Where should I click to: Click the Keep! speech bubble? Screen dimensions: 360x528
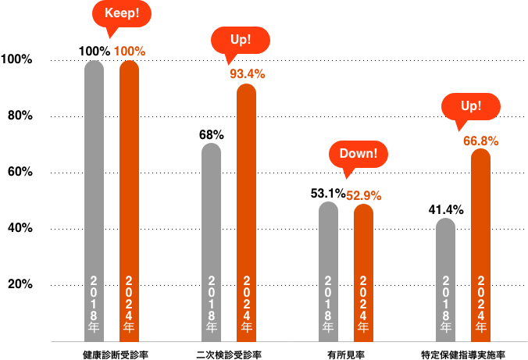click(122, 13)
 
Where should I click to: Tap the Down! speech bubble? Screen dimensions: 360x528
click(358, 154)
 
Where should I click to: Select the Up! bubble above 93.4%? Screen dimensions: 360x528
click(241, 40)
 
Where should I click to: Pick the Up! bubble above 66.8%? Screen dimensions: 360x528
click(471, 106)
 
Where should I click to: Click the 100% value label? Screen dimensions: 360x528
click(130, 52)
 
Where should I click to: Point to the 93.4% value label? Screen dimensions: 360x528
click(247, 74)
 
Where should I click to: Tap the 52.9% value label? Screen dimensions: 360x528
click(364, 196)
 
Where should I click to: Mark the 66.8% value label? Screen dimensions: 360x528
click(481, 141)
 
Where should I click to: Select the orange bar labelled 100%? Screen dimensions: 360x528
click(130, 172)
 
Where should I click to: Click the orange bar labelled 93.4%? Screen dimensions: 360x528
click(247, 180)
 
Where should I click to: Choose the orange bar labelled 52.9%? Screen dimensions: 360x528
click(364, 242)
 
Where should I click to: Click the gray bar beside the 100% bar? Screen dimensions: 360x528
click(95, 172)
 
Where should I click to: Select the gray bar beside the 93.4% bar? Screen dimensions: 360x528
click(212, 211)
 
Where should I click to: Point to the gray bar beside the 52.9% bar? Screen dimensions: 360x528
click(329, 242)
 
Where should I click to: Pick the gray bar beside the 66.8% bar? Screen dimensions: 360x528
click(446, 250)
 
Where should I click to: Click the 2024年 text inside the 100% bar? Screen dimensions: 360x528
click(130, 305)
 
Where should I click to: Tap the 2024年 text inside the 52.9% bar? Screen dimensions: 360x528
click(364, 305)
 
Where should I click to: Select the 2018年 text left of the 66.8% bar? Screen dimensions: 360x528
click(446, 305)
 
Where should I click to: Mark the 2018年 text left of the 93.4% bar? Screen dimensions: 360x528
click(212, 305)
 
